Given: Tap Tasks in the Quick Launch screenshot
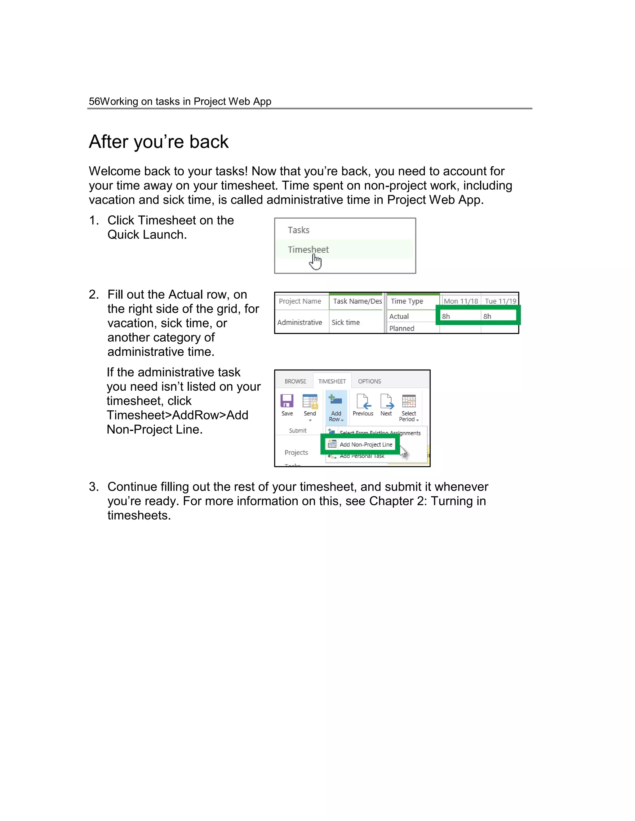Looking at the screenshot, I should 298,230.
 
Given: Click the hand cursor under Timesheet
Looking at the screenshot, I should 316,262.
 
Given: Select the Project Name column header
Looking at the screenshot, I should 300,301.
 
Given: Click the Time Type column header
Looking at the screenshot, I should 407,301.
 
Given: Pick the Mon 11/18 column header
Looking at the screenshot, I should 460,301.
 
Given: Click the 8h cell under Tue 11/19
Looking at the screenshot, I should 487,316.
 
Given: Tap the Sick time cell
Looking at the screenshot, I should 345,322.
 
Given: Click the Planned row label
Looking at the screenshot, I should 402,328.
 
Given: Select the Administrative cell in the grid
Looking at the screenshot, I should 300,322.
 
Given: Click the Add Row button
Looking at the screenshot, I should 336,408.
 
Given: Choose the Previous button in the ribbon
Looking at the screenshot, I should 363,405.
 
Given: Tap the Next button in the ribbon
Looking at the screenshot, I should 386,405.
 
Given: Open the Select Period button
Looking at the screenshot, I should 409,408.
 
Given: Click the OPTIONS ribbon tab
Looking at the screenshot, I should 369,381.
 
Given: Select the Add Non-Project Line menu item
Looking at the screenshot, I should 365,444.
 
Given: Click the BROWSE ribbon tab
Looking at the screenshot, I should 295,381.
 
